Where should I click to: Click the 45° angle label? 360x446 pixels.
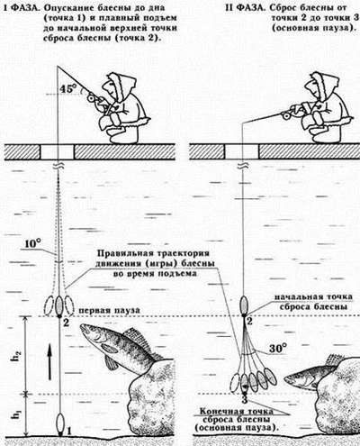point(68,88)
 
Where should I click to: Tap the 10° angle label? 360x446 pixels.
point(32,244)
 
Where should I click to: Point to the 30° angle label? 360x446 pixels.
point(277,349)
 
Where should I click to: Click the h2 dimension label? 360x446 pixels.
point(18,355)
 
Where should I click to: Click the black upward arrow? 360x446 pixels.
point(49,362)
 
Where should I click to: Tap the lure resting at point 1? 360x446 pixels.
point(61,424)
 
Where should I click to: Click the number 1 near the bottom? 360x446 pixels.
point(69,432)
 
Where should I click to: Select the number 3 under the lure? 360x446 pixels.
point(245,400)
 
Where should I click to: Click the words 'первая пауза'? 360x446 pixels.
point(109,311)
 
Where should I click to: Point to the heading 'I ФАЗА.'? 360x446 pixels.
point(22,7)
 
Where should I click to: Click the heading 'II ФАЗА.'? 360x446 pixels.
point(244,7)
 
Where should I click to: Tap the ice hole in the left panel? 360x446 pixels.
point(57,152)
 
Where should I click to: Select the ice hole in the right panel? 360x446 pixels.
point(241,152)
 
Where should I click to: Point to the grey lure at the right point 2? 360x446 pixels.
point(244,304)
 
